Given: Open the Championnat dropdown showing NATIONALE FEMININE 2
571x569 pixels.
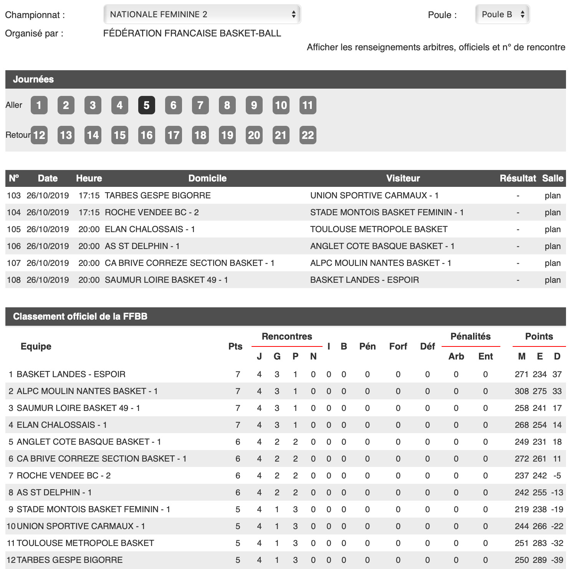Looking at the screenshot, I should click(x=202, y=15).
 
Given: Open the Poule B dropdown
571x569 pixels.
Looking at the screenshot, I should click(x=502, y=15).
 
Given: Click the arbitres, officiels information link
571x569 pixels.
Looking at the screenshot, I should click(x=436, y=47).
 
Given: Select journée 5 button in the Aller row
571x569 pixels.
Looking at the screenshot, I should click(x=146, y=105).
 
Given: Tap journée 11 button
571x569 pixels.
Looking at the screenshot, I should click(x=308, y=105).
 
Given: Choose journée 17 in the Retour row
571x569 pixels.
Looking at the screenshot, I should click(x=173, y=135).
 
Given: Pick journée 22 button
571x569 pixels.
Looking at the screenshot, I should click(x=308, y=135).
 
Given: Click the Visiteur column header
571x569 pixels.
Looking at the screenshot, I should click(x=403, y=178).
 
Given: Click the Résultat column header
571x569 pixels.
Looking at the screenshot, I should click(x=518, y=178).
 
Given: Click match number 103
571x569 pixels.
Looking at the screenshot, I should click(x=14, y=196).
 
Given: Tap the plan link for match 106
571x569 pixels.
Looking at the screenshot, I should click(x=553, y=246).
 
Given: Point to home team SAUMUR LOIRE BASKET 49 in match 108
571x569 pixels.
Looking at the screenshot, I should click(x=166, y=280).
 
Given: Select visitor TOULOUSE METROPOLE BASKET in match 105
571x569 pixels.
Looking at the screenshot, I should click(x=379, y=229).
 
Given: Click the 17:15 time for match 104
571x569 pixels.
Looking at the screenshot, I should click(x=89, y=213).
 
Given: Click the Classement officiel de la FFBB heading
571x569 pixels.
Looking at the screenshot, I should click(x=80, y=317).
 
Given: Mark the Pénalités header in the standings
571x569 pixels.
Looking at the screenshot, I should click(x=470, y=336).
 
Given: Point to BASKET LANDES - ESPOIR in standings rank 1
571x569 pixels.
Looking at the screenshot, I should click(x=71, y=374).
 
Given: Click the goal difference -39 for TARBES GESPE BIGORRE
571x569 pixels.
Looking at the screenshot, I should click(x=557, y=560).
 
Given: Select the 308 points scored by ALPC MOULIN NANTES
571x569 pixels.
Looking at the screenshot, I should click(x=521, y=391).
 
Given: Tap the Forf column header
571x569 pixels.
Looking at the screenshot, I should click(x=398, y=346).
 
